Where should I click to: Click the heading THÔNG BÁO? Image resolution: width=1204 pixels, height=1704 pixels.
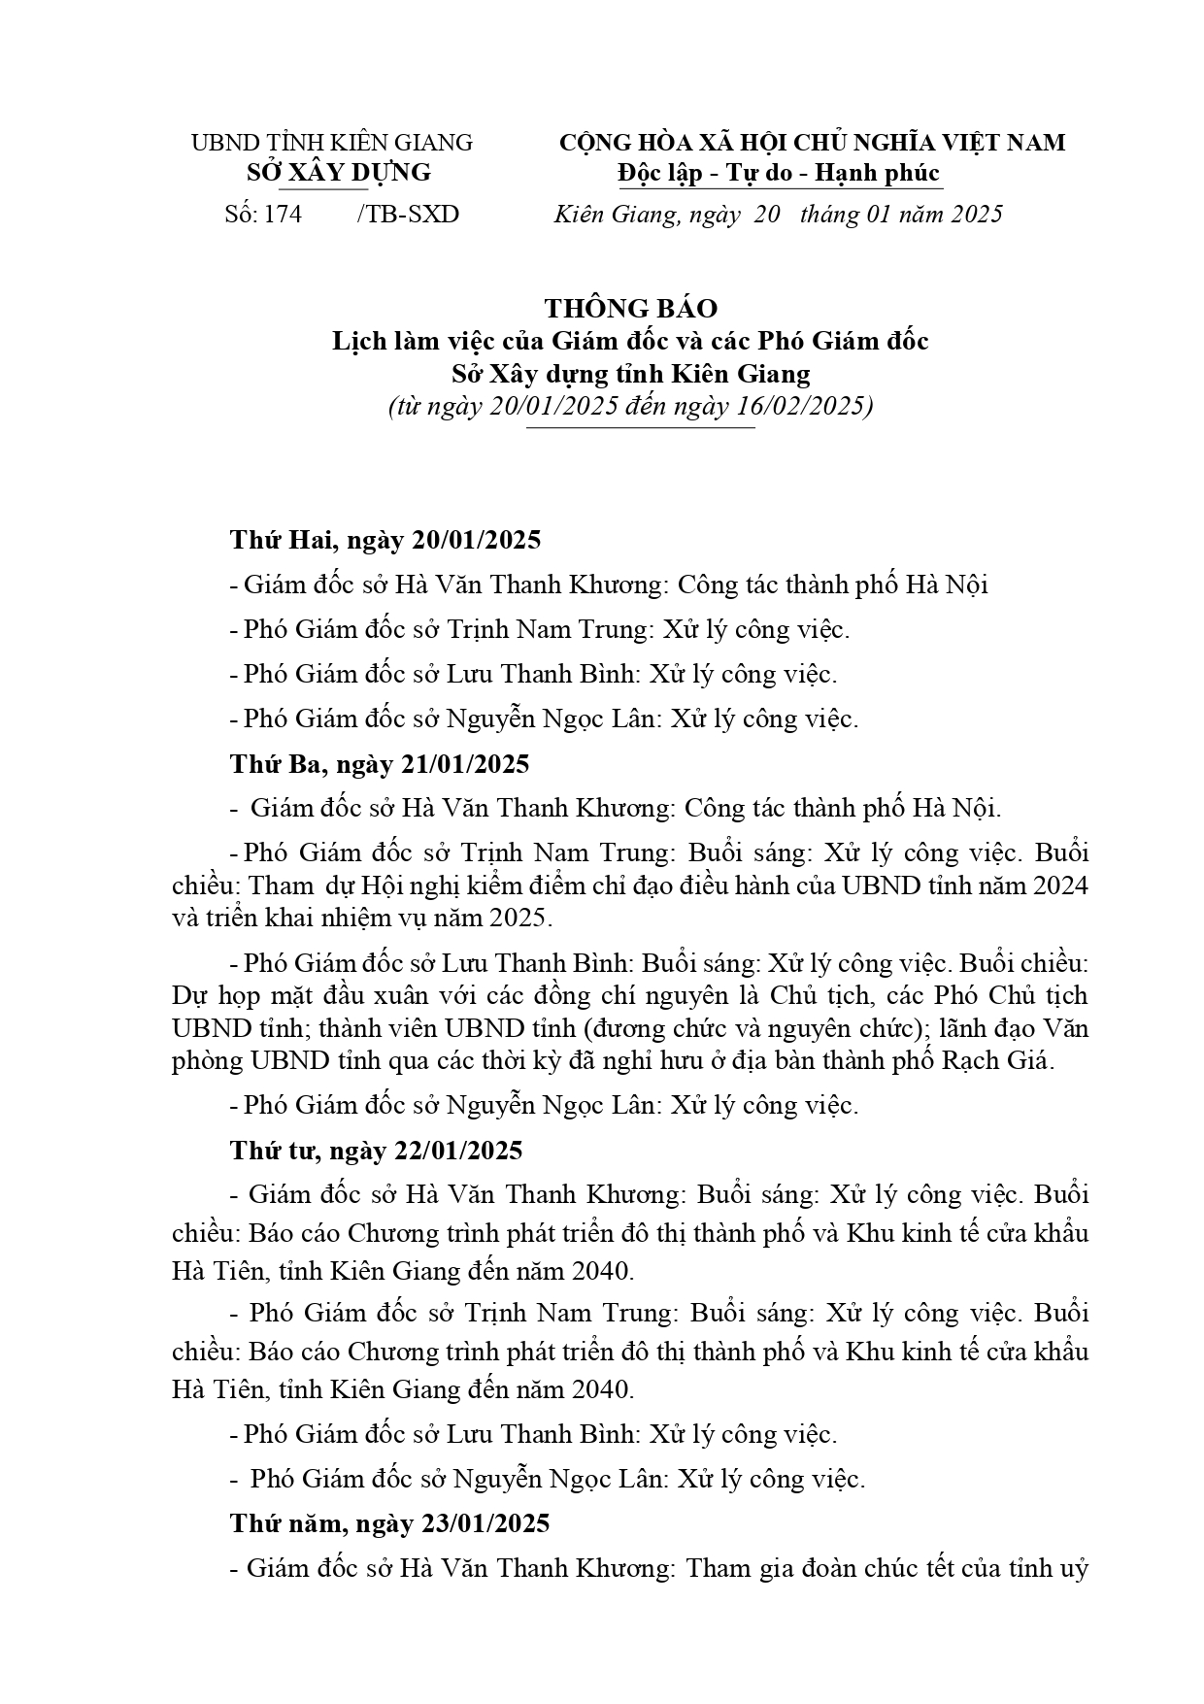630,308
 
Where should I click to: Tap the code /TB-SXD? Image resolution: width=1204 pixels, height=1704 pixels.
408,214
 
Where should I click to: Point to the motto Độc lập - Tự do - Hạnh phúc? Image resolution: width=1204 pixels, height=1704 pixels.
779,173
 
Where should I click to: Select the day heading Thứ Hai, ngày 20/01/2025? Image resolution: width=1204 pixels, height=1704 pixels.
385,540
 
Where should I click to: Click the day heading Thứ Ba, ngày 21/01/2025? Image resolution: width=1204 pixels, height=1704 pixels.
380,764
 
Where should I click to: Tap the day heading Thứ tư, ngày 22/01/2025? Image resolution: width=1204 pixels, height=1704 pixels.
376,1151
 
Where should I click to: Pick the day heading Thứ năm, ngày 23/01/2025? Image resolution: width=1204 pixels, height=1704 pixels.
389,1522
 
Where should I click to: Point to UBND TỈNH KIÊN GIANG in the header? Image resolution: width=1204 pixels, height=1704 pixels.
331,143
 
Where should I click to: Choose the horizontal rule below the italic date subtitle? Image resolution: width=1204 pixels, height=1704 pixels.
640,427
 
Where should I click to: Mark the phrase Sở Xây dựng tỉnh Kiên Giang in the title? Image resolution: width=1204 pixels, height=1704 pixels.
630,373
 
